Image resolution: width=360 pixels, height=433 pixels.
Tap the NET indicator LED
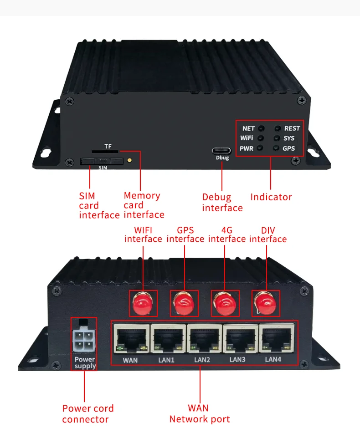[x=261, y=129]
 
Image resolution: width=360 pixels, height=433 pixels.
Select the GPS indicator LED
[x=276, y=148]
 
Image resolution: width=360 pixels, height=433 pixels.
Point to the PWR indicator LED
[x=260, y=148]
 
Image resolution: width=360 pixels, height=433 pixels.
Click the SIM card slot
[x=102, y=161]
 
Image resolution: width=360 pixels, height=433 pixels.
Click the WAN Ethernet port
[x=130, y=340]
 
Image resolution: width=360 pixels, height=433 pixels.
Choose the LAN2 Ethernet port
[x=202, y=339]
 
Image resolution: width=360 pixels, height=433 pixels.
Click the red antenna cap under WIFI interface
[x=143, y=303]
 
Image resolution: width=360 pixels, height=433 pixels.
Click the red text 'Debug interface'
[x=222, y=203]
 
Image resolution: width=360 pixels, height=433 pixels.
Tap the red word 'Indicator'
[x=271, y=197]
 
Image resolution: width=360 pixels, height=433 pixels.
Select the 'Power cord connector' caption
[x=88, y=414]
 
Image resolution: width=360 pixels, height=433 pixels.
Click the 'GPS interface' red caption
[x=185, y=234]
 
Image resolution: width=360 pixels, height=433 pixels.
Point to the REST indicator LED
[x=277, y=129]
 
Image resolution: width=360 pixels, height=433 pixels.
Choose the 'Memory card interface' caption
[x=143, y=205]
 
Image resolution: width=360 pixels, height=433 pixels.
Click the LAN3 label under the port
[x=237, y=360]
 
